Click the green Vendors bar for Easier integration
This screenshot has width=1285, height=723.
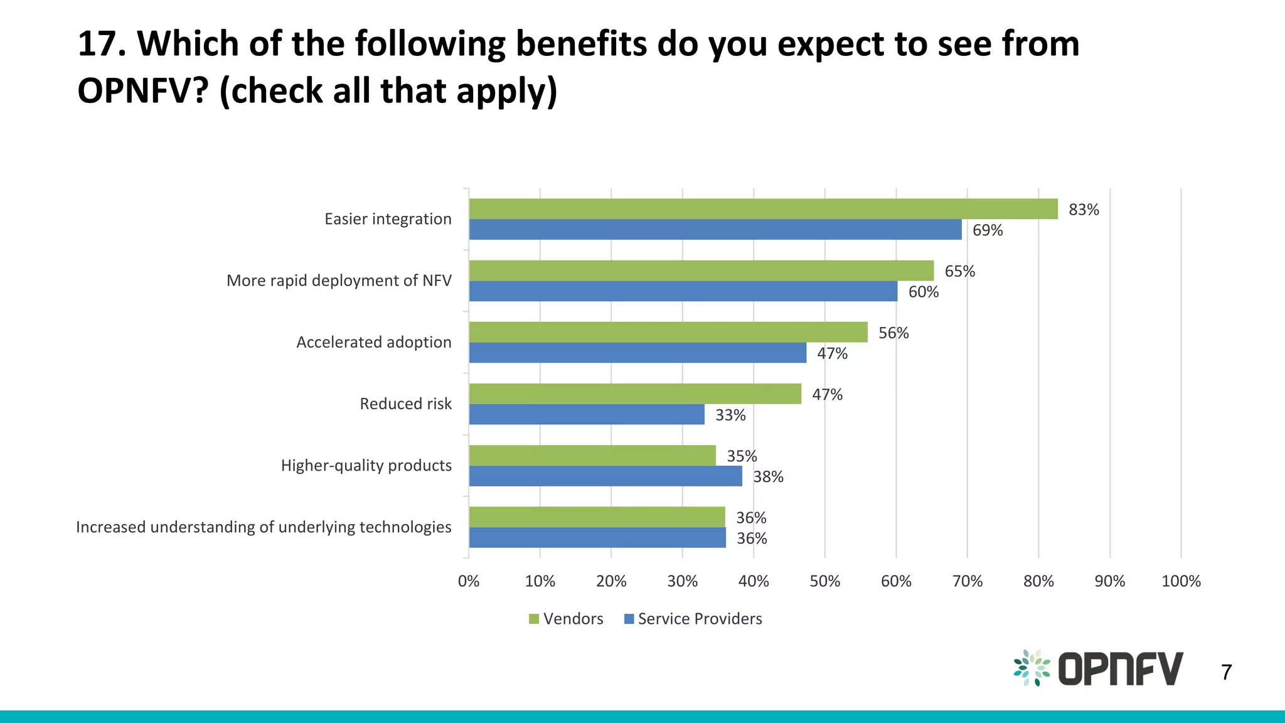click(x=763, y=209)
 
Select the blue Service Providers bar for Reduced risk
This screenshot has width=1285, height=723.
click(x=587, y=414)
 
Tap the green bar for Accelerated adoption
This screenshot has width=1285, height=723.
click(x=668, y=332)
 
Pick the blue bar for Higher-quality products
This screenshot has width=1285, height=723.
click(x=605, y=476)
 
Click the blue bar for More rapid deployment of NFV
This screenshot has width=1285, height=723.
click(x=683, y=291)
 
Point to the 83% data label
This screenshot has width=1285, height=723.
click(x=1084, y=210)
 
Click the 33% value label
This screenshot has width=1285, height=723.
click(x=730, y=415)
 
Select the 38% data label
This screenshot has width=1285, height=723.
click(x=768, y=477)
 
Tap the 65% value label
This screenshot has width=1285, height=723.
click(x=959, y=271)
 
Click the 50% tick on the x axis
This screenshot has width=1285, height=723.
click(x=824, y=581)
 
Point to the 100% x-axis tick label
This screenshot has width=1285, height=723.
click(x=1181, y=581)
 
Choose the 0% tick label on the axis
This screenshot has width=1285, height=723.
click(x=468, y=581)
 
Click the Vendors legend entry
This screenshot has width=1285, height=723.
click(x=566, y=619)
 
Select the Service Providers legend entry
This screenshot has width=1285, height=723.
click(x=693, y=619)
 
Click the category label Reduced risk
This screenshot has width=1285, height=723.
click(x=405, y=404)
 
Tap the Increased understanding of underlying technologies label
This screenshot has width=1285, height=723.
click(x=264, y=527)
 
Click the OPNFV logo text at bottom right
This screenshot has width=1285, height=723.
click(x=1120, y=668)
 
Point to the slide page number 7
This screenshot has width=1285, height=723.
click(x=1226, y=672)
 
